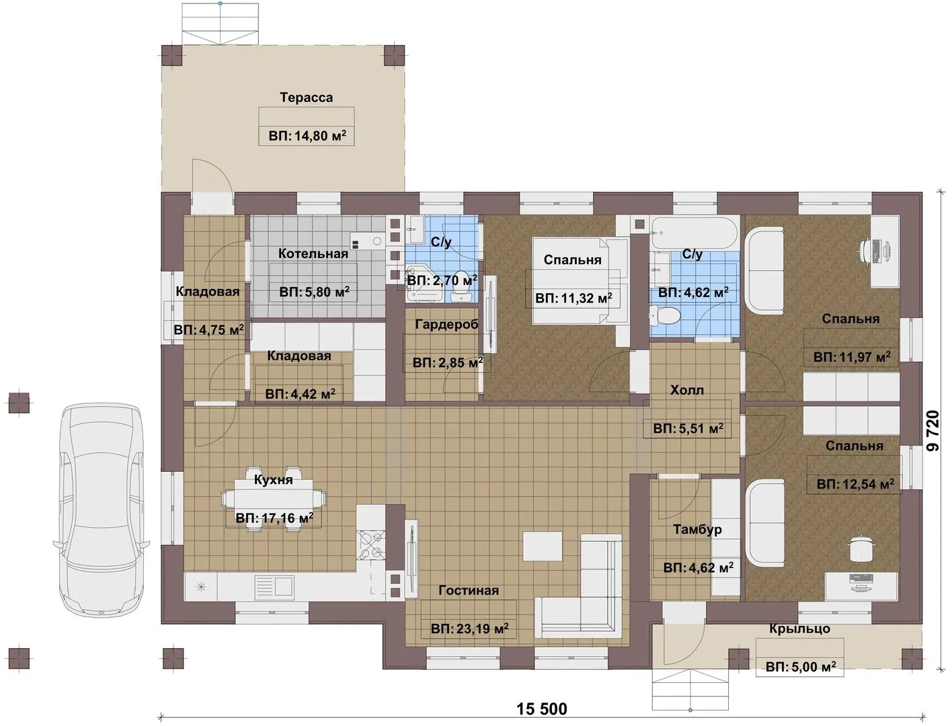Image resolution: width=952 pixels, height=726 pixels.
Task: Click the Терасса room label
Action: coord(306,97)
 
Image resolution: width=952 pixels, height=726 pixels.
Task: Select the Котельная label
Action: coord(313,253)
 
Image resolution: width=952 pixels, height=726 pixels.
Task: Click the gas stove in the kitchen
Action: coord(371,544)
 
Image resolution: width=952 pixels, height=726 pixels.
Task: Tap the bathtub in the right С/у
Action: coord(693,233)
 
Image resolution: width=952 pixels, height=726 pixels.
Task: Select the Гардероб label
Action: coord(446,325)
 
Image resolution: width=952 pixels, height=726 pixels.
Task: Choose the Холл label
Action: coord(687,391)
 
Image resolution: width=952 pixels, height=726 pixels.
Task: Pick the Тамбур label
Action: coord(697,530)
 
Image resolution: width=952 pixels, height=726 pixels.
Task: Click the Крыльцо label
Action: coord(800,629)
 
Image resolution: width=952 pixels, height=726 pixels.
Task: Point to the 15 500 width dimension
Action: coord(542,709)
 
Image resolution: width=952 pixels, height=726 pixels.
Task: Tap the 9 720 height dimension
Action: coord(933,431)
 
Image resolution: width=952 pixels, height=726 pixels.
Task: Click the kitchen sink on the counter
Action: coord(274,586)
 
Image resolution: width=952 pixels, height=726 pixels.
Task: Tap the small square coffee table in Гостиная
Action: coord(542,547)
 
